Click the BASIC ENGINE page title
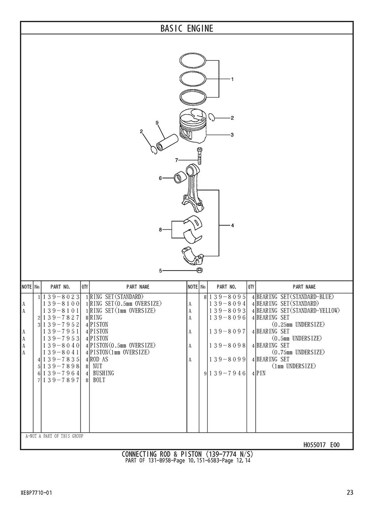coord(187,29)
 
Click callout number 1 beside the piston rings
coord(232,79)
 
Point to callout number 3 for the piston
coord(232,135)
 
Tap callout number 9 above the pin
coord(157,123)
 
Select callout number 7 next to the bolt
coord(177,160)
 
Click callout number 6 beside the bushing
coord(160,178)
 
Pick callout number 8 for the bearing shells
coord(160,230)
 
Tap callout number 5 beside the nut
coord(160,270)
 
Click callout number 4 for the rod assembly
coord(232,225)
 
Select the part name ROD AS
coord(99,359)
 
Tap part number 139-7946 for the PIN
coord(227,373)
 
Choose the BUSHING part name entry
coord(103,373)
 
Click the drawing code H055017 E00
coord(321,445)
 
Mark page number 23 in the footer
coord(350,493)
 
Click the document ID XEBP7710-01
coord(36,493)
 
